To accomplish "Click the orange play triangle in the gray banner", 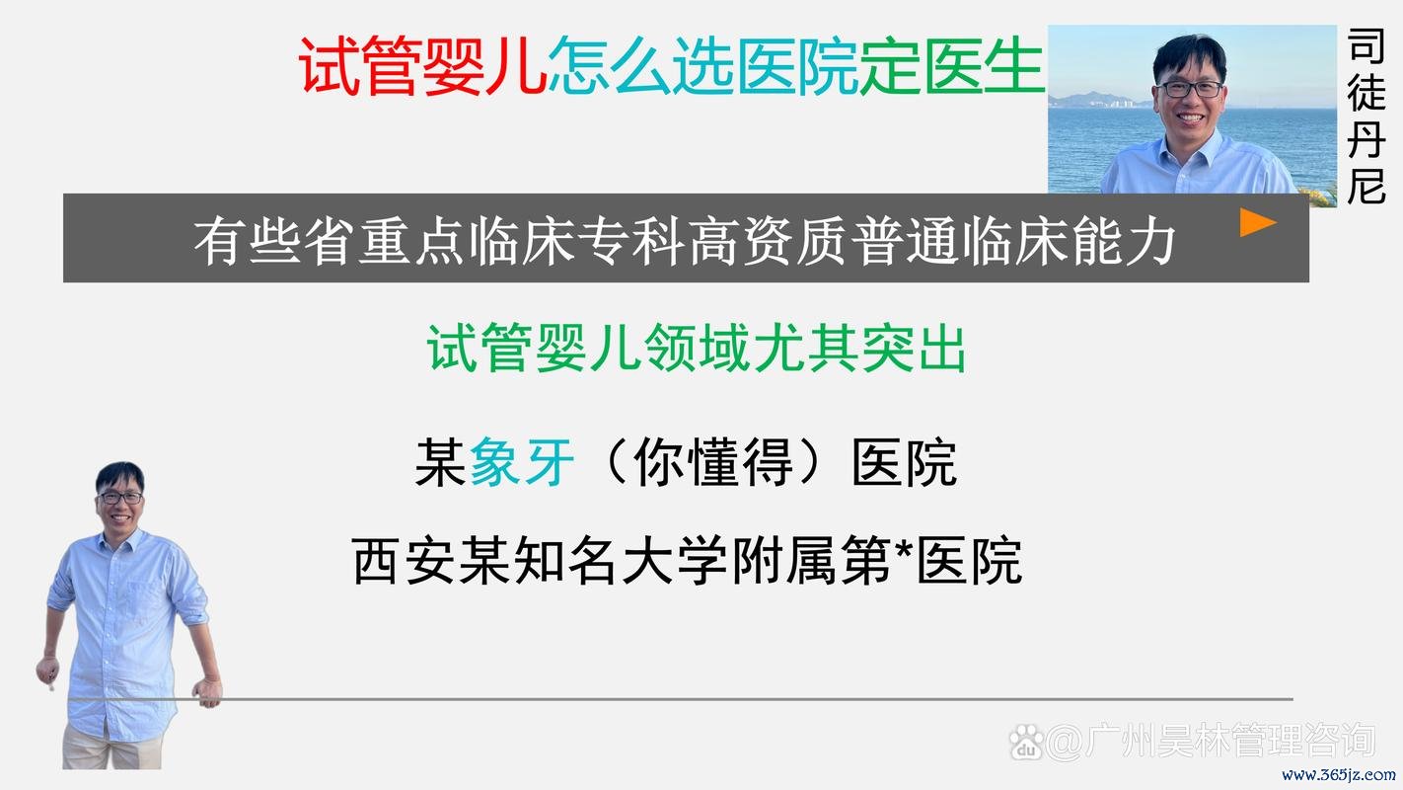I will [x=1257, y=223].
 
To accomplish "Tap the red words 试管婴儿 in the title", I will [x=422, y=66].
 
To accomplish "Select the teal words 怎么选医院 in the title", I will [x=701, y=66].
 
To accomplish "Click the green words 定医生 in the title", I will [x=951, y=66].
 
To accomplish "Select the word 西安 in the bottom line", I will [x=406, y=561].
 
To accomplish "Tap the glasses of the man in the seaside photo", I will [x=1190, y=89].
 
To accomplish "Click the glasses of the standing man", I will [x=120, y=497].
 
